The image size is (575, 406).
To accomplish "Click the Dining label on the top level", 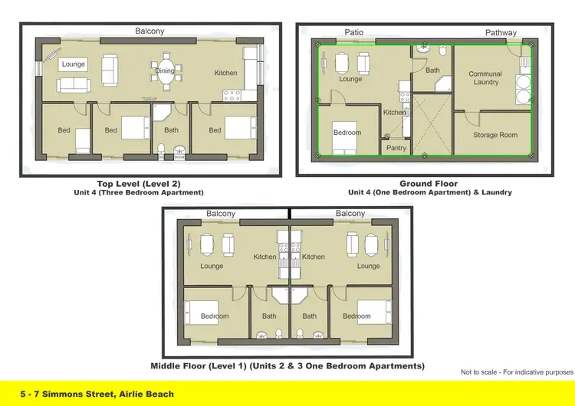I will click(x=165, y=70).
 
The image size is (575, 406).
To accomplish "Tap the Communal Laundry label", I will click(x=485, y=78).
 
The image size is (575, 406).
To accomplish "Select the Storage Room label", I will click(x=495, y=136).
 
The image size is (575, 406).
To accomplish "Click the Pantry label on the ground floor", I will click(x=396, y=148).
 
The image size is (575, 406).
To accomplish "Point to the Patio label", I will click(x=353, y=32).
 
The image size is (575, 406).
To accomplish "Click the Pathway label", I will click(x=501, y=33).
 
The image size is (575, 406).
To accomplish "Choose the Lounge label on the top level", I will click(x=74, y=64).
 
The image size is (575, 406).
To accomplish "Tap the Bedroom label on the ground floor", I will click(x=347, y=133).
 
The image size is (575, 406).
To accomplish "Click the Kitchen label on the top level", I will click(x=225, y=74).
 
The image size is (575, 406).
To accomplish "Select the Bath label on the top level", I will click(x=171, y=130).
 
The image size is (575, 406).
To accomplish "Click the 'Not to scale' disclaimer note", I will click(x=516, y=372).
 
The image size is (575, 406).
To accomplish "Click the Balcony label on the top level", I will click(x=149, y=31).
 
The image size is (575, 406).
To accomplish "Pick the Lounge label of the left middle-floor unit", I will click(x=212, y=267).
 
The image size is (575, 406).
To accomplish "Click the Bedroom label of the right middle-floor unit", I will click(x=356, y=316).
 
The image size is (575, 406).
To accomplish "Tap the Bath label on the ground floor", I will click(x=432, y=70).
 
